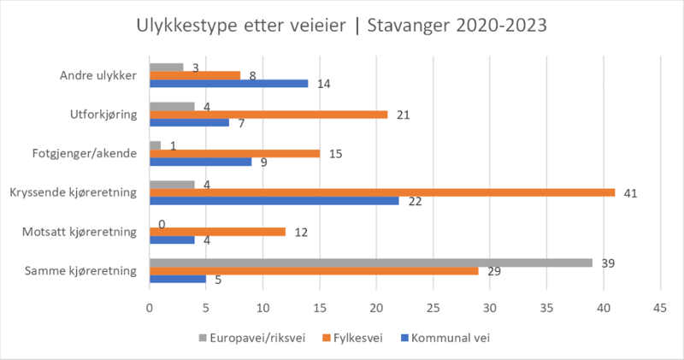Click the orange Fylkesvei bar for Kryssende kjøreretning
pos(382,192)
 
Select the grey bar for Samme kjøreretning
pos(371,263)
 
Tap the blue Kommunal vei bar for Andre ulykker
pos(228,83)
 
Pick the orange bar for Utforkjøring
pos(268,115)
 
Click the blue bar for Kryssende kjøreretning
pos(274,200)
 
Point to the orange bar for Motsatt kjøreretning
pos(217,231)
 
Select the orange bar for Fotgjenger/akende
pos(234,153)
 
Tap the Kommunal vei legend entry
pos(447,337)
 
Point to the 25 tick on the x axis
pos(433,307)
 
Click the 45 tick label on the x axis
pos(660,307)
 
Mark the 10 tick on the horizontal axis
pos(263,307)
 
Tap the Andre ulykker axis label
pos(99,75)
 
